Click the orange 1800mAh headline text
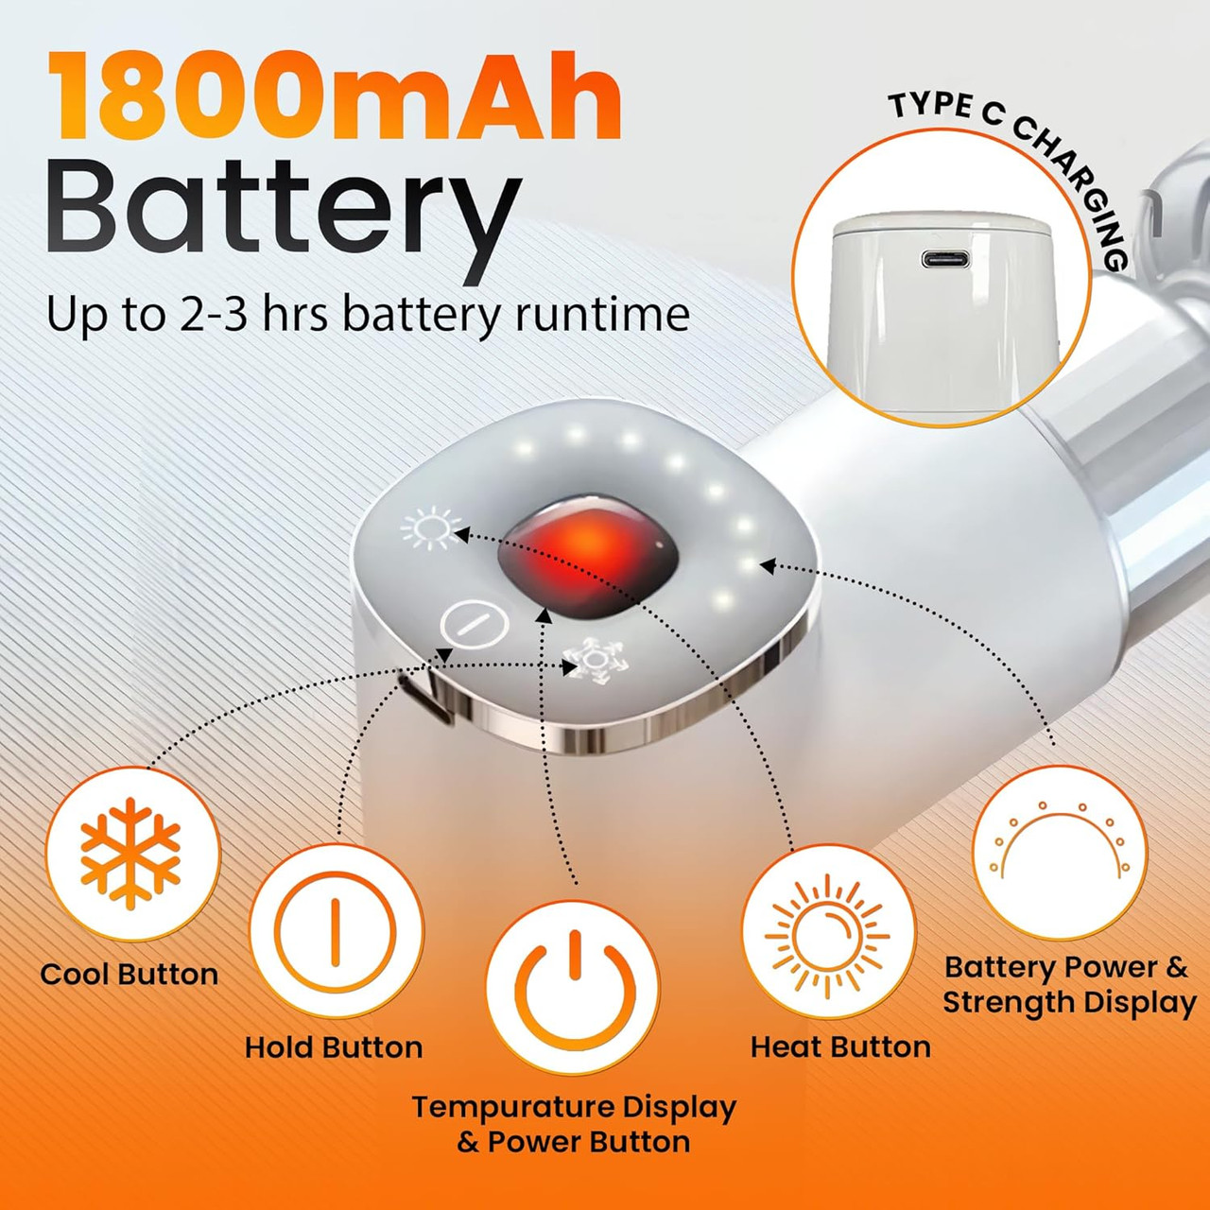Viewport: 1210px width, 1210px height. coord(334,96)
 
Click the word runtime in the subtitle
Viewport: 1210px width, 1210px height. coord(602,314)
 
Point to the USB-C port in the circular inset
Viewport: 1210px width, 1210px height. coord(945,259)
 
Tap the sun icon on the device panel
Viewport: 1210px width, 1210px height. coord(431,528)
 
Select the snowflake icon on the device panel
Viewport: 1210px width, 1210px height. coord(590,661)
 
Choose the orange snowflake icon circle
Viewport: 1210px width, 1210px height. coord(132,854)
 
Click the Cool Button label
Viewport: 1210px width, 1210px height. coord(130,974)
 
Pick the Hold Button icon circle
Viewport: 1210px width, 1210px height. coord(336,930)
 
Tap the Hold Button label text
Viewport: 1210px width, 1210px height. coord(334,1047)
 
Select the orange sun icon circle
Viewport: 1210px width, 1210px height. coord(828,930)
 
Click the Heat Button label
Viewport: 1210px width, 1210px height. coord(840,1046)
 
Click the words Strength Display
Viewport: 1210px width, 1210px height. coord(1069,1003)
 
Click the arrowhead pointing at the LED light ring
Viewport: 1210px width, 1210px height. coord(768,565)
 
